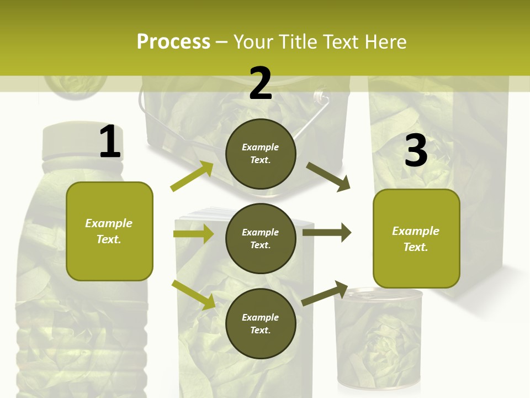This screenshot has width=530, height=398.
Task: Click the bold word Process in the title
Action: (173, 42)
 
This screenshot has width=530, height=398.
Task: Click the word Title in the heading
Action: (297, 42)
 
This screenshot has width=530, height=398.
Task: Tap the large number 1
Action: (110, 142)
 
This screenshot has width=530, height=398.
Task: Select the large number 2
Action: (261, 83)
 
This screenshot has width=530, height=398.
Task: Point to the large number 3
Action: (416, 151)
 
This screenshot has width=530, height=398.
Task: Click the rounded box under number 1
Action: (109, 231)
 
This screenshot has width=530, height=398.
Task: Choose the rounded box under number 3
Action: (416, 239)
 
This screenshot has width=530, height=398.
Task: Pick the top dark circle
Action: (261, 154)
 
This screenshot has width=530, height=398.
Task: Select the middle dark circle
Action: (261, 238)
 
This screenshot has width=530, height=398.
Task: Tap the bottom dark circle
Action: (261, 323)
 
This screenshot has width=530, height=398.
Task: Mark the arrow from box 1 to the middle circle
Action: (194, 234)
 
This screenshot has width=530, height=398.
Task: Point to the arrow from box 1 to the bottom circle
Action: (194, 294)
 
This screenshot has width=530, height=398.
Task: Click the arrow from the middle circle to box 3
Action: (327, 232)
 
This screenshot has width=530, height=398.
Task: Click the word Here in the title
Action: (386, 42)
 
